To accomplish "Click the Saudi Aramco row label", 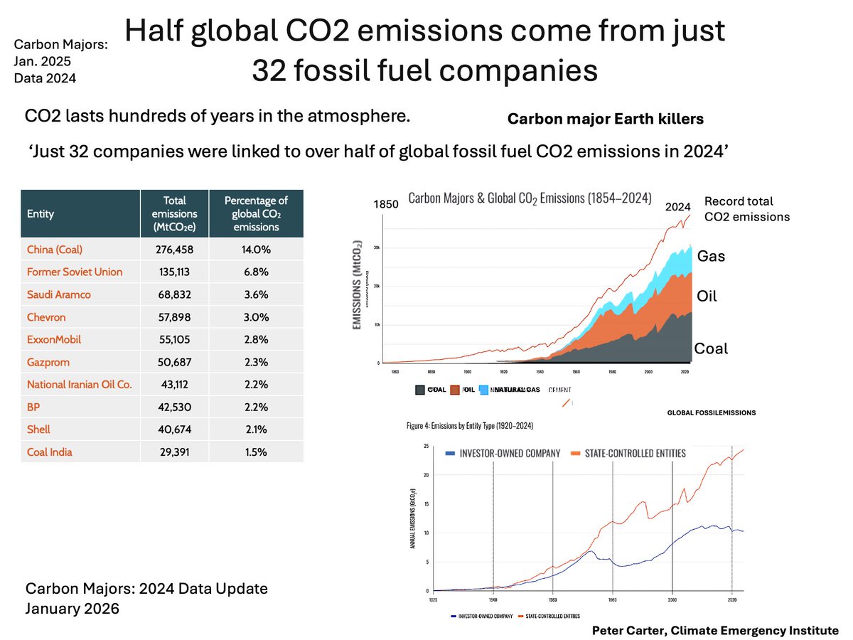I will pyautogui.click(x=58, y=294).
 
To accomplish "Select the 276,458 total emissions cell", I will pyautogui.click(x=174, y=249).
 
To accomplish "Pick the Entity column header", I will pyautogui.click(x=41, y=213).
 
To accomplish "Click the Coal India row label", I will pyautogui.click(x=50, y=452).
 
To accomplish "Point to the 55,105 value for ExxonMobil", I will pyautogui.click(x=174, y=339).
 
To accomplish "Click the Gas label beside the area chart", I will pyautogui.click(x=711, y=256).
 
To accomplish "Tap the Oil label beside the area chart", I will pyautogui.click(x=707, y=296).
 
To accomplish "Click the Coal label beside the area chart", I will pyautogui.click(x=711, y=348).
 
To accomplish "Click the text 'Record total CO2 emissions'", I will pyautogui.click(x=746, y=209).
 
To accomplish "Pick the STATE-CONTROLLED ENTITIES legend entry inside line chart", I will pyautogui.click(x=626, y=453).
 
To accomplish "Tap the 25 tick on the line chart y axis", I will pyautogui.click(x=425, y=446).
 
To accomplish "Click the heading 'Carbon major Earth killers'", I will pyautogui.click(x=605, y=119).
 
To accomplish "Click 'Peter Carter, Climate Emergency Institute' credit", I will pyautogui.click(x=715, y=630).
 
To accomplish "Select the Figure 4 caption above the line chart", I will pyautogui.click(x=470, y=425).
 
